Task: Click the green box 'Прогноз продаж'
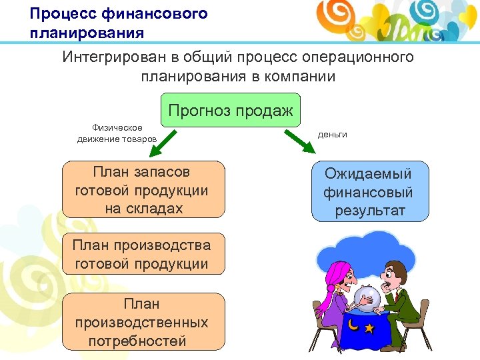231,111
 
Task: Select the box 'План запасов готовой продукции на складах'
143,191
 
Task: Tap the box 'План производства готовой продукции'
143,254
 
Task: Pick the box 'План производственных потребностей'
143,322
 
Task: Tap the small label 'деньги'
332,134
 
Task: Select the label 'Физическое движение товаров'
117,133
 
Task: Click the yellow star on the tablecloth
369,328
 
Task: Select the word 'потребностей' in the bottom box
137,341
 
